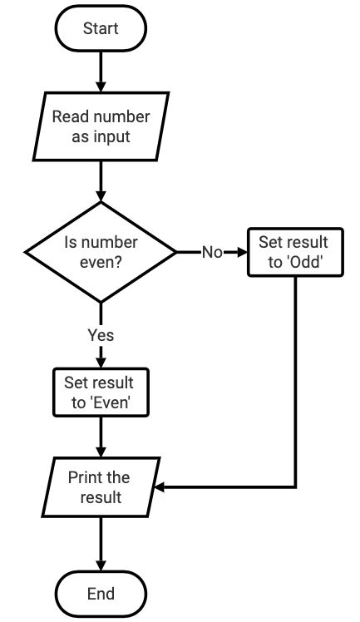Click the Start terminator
point(101,29)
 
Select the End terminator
point(101,594)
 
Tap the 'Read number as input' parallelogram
point(101,126)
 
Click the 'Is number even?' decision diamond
point(101,251)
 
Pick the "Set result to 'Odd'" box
point(293,251)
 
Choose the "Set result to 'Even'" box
point(101,392)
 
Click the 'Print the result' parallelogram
point(101,487)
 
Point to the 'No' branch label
point(212,252)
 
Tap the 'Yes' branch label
point(101,335)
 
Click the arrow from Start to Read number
point(101,71)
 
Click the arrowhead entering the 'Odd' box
point(241,252)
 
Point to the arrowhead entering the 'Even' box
point(101,362)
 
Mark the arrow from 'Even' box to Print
point(101,437)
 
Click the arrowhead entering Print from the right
point(161,487)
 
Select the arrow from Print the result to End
point(101,544)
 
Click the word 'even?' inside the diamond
point(101,260)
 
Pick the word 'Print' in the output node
point(86,478)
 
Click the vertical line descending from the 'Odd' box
point(296,383)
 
